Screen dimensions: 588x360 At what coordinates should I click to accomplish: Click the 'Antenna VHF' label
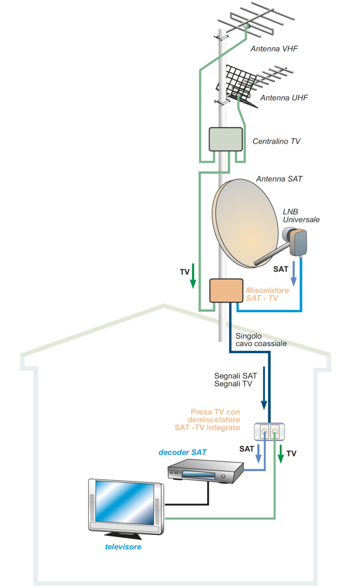pyautogui.click(x=274, y=49)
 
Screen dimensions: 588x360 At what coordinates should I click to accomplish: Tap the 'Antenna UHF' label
pyautogui.click(x=284, y=98)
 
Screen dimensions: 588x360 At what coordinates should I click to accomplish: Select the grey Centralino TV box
pyautogui.click(x=226, y=140)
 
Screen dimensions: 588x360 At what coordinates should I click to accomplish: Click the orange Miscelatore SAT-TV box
pyautogui.click(x=226, y=291)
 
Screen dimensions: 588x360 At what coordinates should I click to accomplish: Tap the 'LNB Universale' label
pyautogui.click(x=301, y=215)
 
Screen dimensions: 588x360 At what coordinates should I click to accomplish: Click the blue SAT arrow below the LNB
pyautogui.click(x=294, y=274)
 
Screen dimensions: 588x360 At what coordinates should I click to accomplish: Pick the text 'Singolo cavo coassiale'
pyautogui.click(x=261, y=339)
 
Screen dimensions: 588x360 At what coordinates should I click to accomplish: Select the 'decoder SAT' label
pyautogui.click(x=183, y=452)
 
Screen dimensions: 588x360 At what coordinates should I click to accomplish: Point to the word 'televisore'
pyautogui.click(x=123, y=547)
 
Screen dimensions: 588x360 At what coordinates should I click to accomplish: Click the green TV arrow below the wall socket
pyautogui.click(x=281, y=454)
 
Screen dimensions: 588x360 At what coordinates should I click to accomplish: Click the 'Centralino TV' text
pyautogui.click(x=277, y=142)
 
